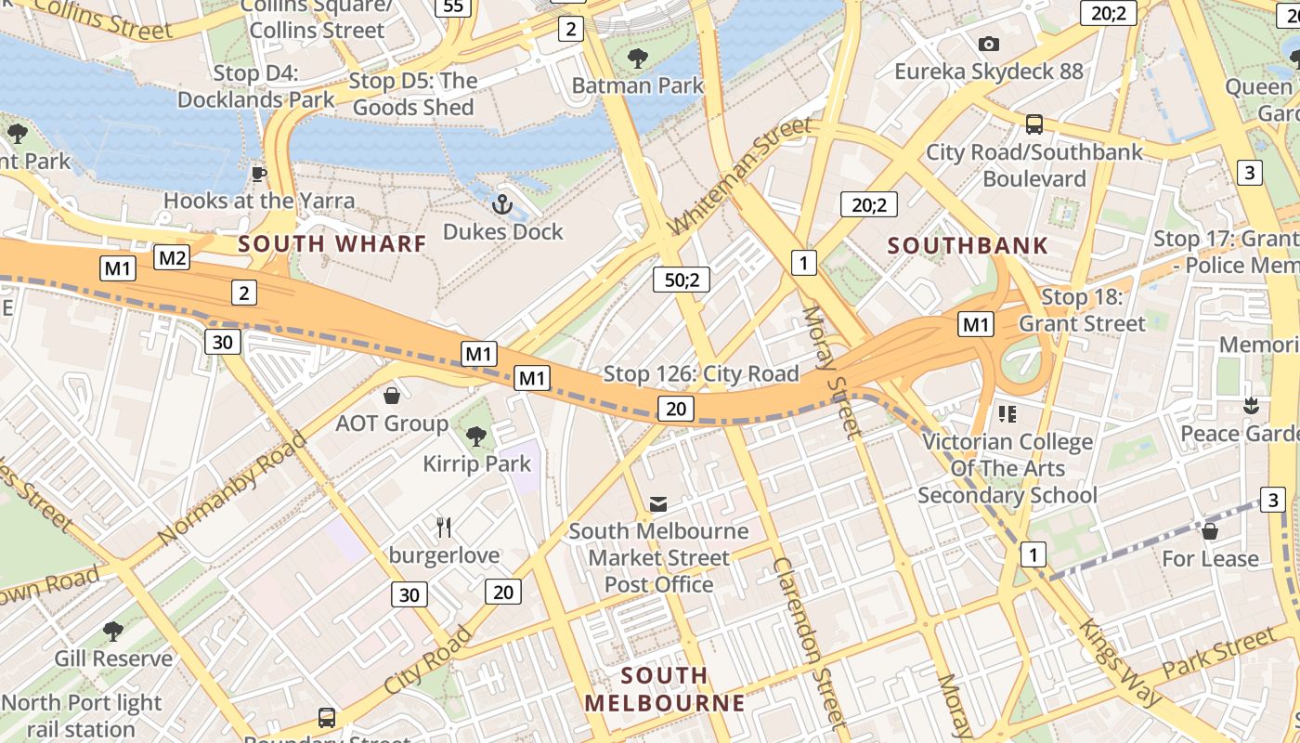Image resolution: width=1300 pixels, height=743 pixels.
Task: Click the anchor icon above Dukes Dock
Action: tap(502, 203)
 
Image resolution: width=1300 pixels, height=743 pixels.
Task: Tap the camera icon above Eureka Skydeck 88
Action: tap(988, 44)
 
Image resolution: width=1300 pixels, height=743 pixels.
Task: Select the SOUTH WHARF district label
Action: tap(332, 244)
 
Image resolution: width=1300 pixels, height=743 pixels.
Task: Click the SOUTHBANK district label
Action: tap(968, 246)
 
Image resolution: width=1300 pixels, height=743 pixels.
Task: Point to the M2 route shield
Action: tap(172, 257)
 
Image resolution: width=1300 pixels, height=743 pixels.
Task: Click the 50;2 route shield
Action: tap(682, 279)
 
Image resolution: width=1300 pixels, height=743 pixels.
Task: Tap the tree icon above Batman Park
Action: tap(637, 59)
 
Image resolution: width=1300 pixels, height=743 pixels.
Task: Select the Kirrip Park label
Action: tap(477, 463)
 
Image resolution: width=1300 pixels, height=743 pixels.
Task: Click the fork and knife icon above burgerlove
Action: tap(444, 528)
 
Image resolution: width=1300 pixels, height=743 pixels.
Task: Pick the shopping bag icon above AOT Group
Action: tap(392, 397)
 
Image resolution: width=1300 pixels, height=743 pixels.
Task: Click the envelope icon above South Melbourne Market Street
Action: tap(658, 503)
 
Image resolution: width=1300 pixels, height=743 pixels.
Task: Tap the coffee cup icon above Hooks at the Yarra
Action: tap(259, 174)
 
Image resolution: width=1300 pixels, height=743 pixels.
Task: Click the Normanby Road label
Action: tap(231, 489)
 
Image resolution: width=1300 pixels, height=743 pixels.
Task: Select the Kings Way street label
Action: tap(1118, 659)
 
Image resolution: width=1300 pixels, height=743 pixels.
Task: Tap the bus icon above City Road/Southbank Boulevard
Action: tap(1033, 124)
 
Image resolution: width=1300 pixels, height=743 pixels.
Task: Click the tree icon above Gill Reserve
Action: tap(113, 632)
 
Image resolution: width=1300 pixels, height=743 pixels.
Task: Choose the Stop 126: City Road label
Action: tap(701, 373)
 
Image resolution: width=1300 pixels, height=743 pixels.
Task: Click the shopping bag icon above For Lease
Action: tap(1209, 531)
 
